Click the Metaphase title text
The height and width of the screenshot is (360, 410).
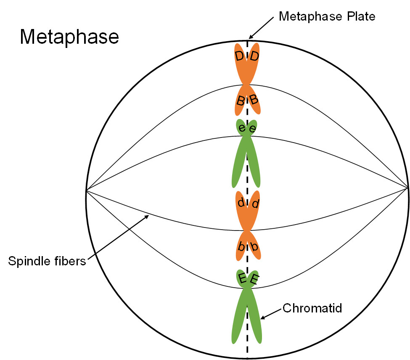pyautogui.click(x=69, y=37)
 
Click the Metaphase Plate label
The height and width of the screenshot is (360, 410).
pyautogui.click(x=327, y=17)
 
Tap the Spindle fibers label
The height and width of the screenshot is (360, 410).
pyautogui.click(x=47, y=261)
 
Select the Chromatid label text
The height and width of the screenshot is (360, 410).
pyautogui.click(x=312, y=308)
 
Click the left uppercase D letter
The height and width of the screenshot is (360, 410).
pyautogui.click(x=239, y=56)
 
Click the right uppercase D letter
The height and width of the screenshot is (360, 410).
pyautogui.click(x=254, y=56)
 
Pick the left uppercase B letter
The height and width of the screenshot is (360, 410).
pyautogui.click(x=240, y=101)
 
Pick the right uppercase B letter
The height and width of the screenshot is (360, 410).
pyautogui.click(x=254, y=100)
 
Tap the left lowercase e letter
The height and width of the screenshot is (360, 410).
pyautogui.click(x=242, y=127)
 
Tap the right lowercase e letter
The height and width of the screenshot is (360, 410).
pyautogui.click(x=252, y=129)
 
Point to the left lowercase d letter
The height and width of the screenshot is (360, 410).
pyautogui.click(x=241, y=203)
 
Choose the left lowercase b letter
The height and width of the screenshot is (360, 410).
pyautogui.click(x=241, y=247)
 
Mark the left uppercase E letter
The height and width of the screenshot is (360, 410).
pyautogui.click(x=242, y=278)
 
